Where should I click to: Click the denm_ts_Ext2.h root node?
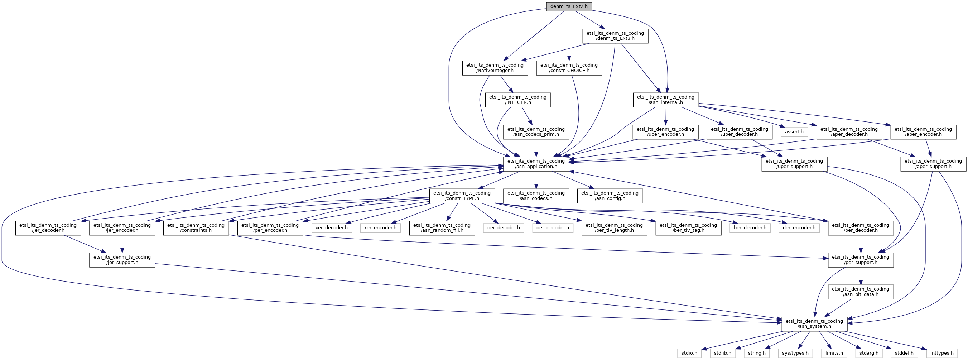[x=569, y=6]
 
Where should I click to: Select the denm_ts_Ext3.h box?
[x=615, y=36]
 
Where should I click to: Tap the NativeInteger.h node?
[x=495, y=68]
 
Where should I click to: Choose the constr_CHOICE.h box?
[x=569, y=68]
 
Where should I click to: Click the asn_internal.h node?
[x=665, y=100]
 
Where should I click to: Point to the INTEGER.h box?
[x=518, y=100]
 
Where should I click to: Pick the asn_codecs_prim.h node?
[x=536, y=131]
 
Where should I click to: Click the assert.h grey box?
[x=794, y=132]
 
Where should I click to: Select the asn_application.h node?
[x=536, y=164]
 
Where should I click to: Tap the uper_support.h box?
[x=794, y=164]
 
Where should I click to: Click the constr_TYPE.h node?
[x=462, y=196]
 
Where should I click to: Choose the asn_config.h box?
[x=610, y=196]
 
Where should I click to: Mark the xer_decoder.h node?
[x=331, y=228]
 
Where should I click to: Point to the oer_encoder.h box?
[x=552, y=228]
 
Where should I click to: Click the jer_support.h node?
[x=122, y=260]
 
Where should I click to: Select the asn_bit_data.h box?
[x=861, y=292]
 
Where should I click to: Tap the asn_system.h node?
[x=814, y=324]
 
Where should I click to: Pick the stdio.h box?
[x=689, y=353]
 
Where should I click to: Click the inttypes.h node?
[x=942, y=353]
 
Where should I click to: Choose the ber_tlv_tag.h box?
[x=688, y=228]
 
